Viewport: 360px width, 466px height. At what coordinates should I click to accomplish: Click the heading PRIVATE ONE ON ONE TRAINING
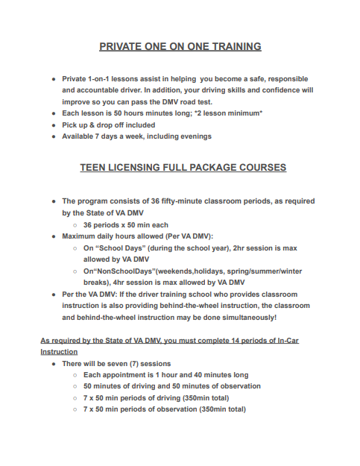(x=180, y=46)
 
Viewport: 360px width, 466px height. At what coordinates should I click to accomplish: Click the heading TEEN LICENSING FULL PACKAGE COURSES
(x=183, y=168)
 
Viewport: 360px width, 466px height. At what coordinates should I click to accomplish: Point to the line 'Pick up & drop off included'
(x=109, y=125)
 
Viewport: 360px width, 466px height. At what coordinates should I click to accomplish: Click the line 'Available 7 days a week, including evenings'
(x=136, y=136)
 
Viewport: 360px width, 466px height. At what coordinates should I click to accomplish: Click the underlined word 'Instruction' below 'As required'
(x=59, y=351)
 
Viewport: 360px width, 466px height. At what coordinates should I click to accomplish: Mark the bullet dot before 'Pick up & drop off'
(x=54, y=125)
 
